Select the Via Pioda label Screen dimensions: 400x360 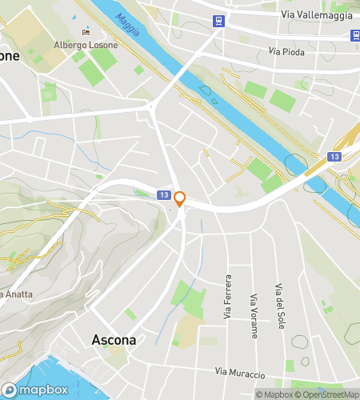tap(286, 52)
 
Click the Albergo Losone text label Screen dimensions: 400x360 tap(86, 45)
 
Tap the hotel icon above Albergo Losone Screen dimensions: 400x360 tap(86, 33)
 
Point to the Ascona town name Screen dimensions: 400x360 tap(114, 339)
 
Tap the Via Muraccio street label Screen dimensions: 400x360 tap(240, 374)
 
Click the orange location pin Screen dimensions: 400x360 tap(181, 198)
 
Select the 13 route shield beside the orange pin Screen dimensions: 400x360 tap(163, 195)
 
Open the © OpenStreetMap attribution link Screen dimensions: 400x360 tap(326, 394)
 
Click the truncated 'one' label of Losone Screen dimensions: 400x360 tap(9, 56)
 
